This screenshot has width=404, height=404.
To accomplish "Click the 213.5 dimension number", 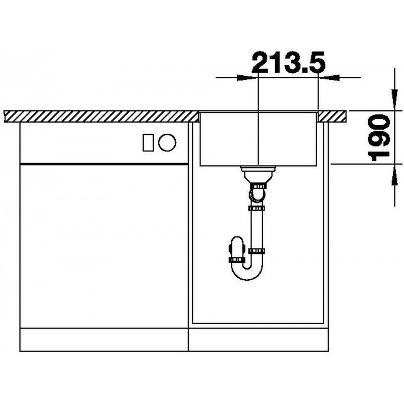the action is point(288,62).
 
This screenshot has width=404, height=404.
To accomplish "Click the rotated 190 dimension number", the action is point(379,137).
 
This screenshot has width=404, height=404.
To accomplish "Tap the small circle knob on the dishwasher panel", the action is point(167,142).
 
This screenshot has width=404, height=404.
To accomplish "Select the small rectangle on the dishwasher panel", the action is point(148,142).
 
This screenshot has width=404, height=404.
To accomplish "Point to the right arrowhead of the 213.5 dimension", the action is point(329,77).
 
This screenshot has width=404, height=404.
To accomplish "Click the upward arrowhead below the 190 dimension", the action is point(394,175).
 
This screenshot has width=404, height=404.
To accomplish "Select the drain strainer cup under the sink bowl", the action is point(258,174).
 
